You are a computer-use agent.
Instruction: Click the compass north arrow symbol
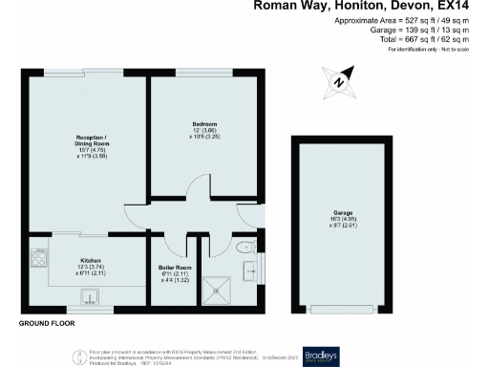point(341,81)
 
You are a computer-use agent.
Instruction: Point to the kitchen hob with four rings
point(39,258)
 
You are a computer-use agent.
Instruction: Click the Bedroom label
point(203,125)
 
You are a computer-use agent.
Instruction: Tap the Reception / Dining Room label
point(87,141)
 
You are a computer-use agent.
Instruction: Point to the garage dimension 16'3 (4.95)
point(330,223)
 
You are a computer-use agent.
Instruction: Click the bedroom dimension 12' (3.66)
point(203,131)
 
